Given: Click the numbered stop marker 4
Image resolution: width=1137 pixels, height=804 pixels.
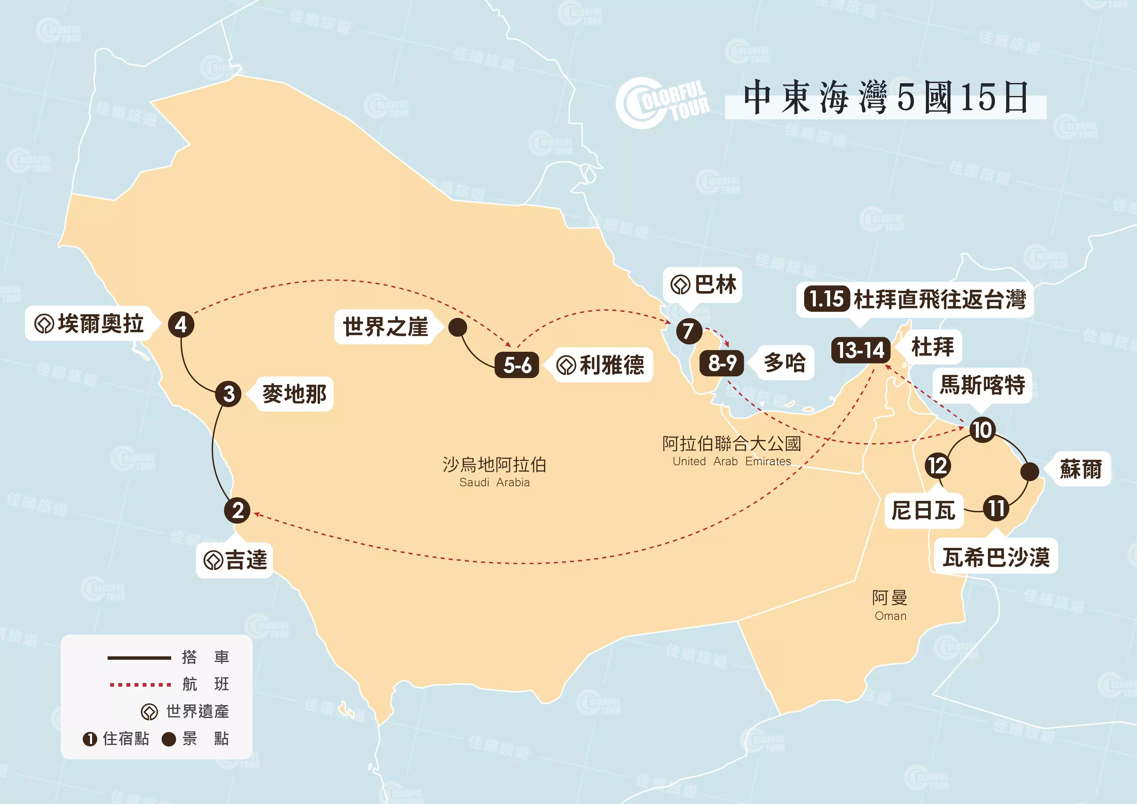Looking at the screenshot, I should click(181, 325).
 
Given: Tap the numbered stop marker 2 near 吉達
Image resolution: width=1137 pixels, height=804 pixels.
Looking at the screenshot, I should click(237, 510).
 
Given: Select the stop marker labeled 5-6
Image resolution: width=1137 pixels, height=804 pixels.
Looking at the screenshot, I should click(517, 365).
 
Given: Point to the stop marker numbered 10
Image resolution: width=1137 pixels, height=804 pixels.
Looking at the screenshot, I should click(982, 430).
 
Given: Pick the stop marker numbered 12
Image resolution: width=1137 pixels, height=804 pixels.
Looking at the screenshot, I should click(937, 466).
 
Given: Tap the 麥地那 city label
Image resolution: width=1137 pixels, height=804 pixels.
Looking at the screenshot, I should click(294, 394).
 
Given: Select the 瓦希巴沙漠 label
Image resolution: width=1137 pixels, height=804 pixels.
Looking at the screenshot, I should click(996, 557).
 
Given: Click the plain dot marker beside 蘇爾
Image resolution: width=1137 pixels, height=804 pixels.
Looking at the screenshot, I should click(1029, 471).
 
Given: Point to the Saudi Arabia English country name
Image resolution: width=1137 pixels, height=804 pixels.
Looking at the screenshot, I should click(494, 482).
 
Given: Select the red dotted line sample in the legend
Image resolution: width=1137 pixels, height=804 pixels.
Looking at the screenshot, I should click(140, 685).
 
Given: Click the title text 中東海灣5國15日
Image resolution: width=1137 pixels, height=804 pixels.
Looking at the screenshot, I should click(885, 98).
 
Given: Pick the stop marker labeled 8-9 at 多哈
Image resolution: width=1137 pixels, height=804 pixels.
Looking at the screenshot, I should click(722, 363).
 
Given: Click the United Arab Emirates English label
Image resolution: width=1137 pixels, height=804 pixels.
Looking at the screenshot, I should click(732, 461).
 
